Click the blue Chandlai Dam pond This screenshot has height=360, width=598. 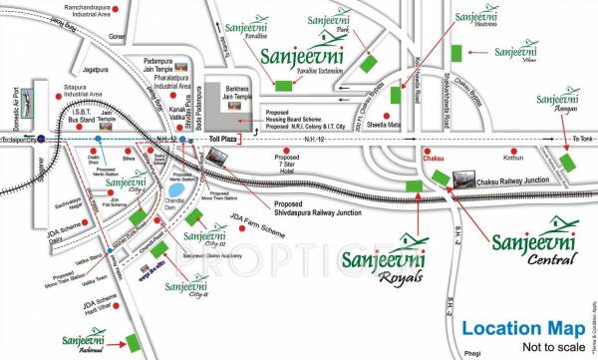pyautogui.click(x=175, y=188)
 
